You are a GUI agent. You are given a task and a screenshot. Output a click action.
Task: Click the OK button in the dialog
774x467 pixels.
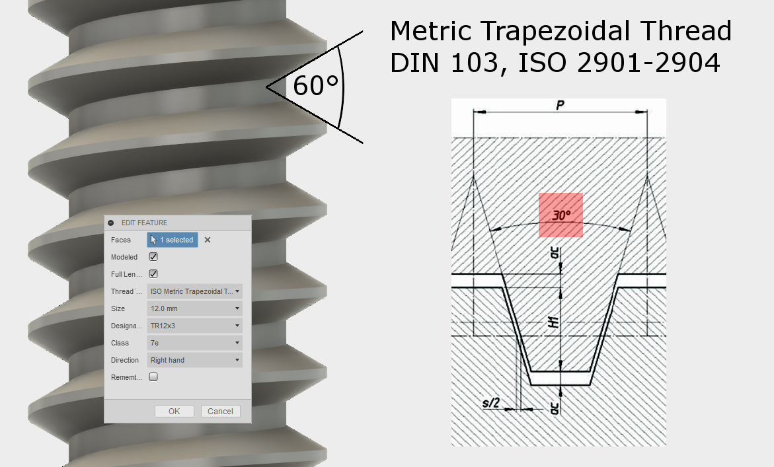point(174,411)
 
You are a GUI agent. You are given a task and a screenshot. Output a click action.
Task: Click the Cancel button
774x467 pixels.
point(220,411)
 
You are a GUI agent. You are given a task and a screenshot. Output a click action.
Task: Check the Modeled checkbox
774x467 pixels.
point(153,257)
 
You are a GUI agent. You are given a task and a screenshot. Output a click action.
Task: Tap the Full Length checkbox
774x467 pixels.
point(153,274)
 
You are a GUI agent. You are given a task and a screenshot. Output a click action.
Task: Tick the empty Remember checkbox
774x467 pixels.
point(153,377)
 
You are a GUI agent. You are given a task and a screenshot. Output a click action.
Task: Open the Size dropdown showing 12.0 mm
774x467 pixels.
point(194,308)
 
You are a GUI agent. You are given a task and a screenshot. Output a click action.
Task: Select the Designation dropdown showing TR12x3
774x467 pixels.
point(194,326)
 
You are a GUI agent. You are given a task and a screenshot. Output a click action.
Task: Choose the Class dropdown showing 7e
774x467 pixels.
point(194,343)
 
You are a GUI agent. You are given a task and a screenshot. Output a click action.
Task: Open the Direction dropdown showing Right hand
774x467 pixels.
point(194,360)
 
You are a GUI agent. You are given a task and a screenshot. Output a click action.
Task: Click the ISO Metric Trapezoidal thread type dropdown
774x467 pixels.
point(194,291)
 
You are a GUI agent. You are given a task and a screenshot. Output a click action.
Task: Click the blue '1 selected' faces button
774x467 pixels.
point(172,240)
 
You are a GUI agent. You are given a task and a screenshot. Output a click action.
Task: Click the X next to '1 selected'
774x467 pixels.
point(208,240)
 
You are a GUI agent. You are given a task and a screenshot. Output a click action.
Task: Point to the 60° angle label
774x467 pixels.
point(315,86)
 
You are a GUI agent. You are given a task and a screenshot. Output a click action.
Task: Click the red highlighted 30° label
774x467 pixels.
point(561,215)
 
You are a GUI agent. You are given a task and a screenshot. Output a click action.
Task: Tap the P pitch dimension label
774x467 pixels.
point(559,106)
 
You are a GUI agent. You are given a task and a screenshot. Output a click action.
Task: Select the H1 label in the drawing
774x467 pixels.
point(554,322)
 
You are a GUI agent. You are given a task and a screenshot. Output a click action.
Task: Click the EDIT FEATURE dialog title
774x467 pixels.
point(144,223)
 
